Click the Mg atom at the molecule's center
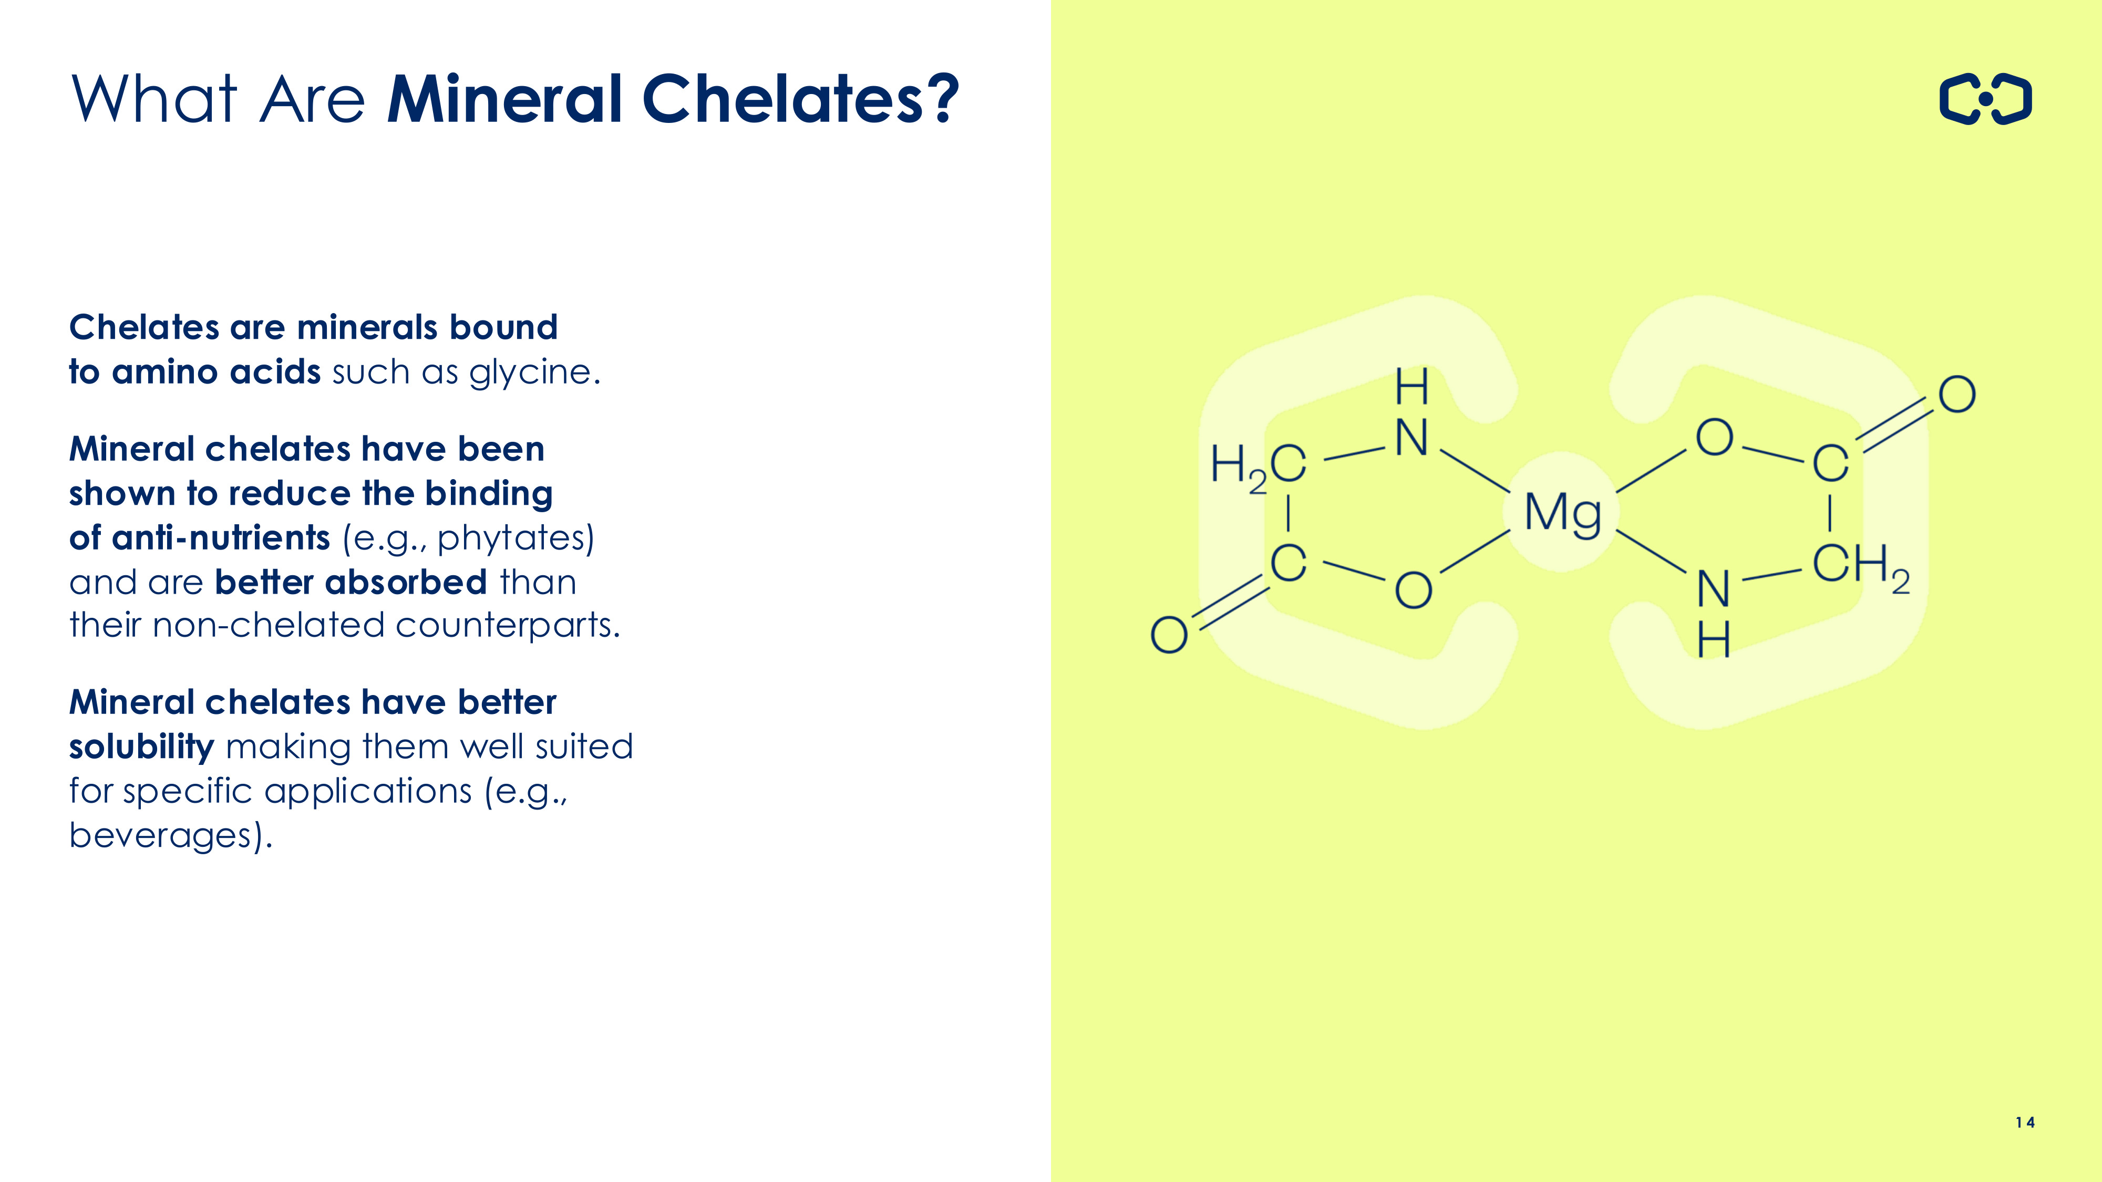[1563, 514]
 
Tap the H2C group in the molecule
[1258, 466]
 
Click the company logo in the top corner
[1985, 99]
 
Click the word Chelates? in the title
[800, 99]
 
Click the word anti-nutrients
[220, 538]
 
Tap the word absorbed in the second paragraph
[406, 583]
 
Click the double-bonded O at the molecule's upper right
[1957, 395]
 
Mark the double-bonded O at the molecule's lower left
[1169, 635]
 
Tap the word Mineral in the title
[507, 99]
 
